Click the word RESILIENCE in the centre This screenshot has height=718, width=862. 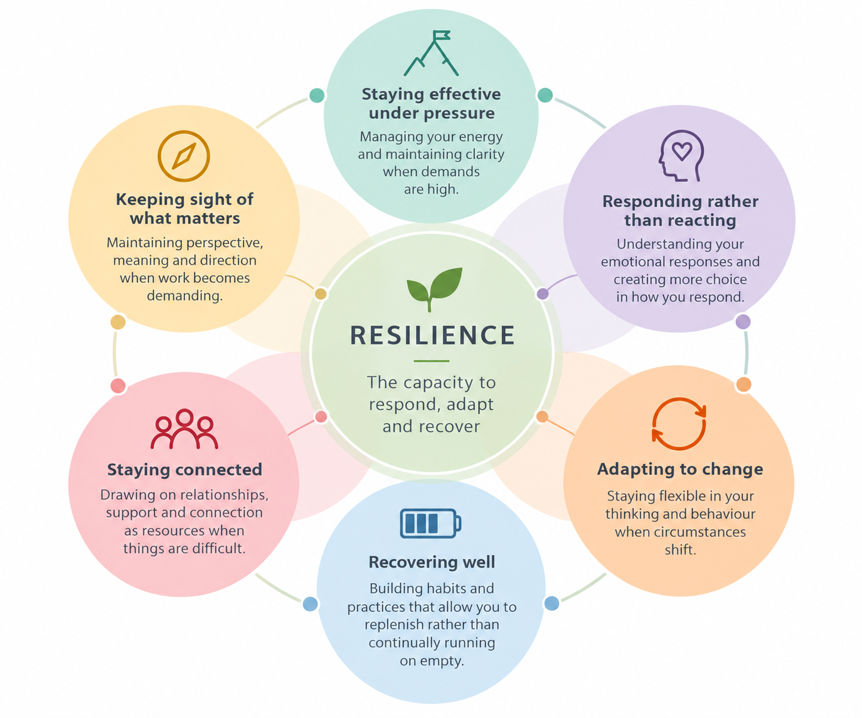coord(432,335)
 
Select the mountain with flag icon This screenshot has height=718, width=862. coord(431,53)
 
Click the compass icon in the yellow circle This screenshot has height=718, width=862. coord(184,156)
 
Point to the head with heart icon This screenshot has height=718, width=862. coord(681,156)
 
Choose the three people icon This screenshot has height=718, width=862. coord(184,429)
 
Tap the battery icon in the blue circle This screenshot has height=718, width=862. coord(430,523)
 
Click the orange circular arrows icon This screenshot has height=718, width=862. coord(679,424)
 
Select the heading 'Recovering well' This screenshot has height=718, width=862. coord(432,562)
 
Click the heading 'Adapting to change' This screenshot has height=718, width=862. coord(680,469)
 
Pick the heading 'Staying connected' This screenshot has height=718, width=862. coord(184,470)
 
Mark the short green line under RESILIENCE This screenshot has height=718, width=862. coord(432,361)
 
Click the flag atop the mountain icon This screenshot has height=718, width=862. coord(441,36)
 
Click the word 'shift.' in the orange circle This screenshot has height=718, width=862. coord(680,550)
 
